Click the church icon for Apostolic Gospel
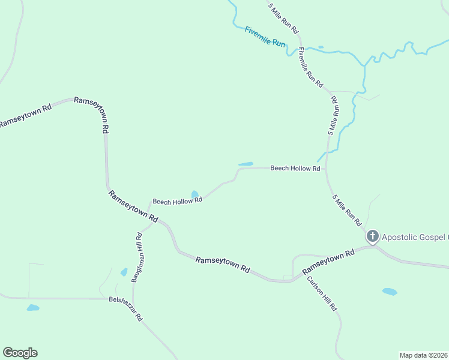tap(373, 237)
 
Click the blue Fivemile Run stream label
tap(265, 37)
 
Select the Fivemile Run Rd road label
tap(310, 68)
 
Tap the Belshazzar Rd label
tap(125, 308)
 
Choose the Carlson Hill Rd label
tap(322, 293)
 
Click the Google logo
tap(20, 353)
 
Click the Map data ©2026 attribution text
tap(424, 355)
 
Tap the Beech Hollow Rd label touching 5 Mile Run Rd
tap(295, 169)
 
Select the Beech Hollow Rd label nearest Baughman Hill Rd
tap(177, 201)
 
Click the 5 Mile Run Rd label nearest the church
tap(346, 210)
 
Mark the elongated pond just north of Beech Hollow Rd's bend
tap(246, 164)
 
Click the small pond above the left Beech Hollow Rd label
tap(194, 194)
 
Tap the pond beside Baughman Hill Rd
tap(124, 272)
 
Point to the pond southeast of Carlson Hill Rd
tap(390, 292)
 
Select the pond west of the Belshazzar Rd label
tap(33, 308)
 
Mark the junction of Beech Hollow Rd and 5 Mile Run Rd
tap(327, 169)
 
